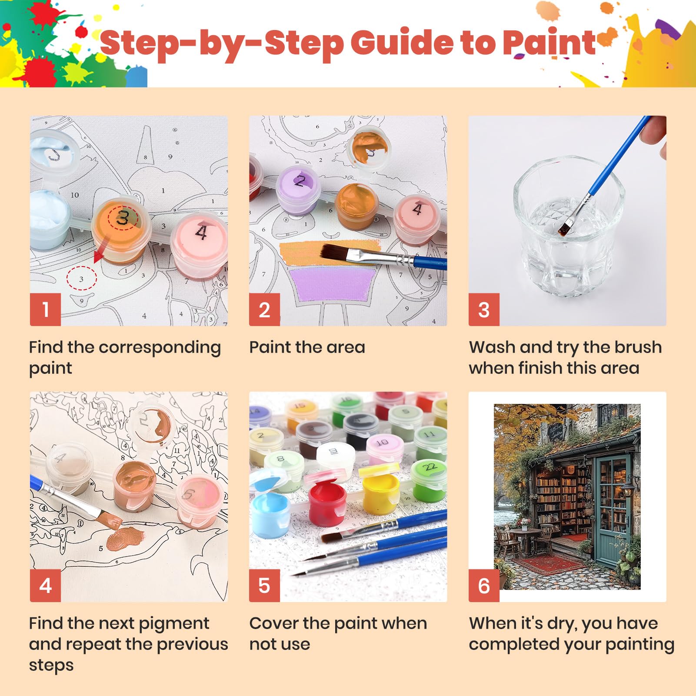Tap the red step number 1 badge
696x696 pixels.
point(45,310)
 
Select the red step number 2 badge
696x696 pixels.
point(264,310)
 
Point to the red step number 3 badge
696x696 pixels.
point(484,310)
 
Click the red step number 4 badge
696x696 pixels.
point(45,586)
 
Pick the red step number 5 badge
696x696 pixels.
point(264,586)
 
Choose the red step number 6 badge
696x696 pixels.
point(484,586)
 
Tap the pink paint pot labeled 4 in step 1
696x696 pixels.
point(199,246)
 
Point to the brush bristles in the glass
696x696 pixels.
point(563,228)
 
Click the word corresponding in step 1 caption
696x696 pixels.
point(160,348)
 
